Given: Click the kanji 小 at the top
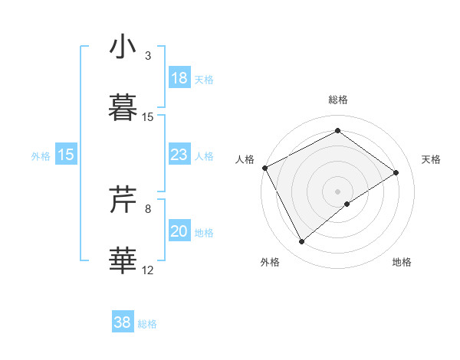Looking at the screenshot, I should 123,47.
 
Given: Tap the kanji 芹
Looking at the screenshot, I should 123,201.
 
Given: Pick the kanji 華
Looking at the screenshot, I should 123,260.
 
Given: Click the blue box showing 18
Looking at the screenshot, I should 179,78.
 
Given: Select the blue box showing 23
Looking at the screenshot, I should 179,155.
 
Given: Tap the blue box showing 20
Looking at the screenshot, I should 179,232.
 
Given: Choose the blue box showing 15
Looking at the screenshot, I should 66,155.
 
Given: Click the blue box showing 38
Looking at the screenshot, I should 123,322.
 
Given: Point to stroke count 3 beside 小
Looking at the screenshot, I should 148,56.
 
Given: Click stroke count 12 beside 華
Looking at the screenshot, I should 148,270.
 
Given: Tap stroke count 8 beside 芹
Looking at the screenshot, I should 148,208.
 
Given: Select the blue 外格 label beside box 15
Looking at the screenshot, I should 41,156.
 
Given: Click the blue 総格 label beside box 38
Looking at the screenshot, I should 147,324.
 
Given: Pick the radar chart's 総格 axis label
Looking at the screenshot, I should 337,100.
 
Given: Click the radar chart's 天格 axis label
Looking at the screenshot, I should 432,159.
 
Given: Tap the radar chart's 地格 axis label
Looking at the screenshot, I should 402,262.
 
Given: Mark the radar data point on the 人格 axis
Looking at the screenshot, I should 264,168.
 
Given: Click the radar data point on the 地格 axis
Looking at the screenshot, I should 347,204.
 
